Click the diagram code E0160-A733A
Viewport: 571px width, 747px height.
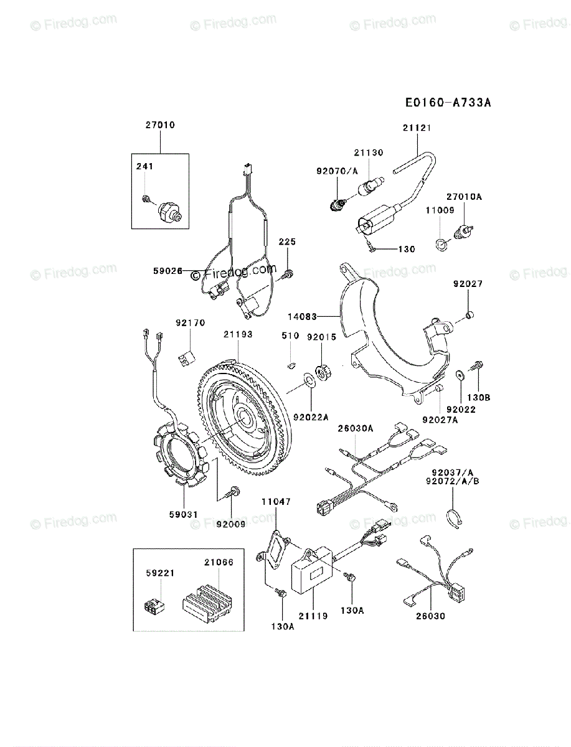click(448, 102)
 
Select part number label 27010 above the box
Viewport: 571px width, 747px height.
click(160, 125)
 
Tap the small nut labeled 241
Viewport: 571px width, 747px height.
click(144, 199)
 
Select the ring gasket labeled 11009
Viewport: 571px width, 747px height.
click(441, 243)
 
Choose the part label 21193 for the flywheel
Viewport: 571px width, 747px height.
click(238, 334)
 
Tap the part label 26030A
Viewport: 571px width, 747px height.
click(355, 428)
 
